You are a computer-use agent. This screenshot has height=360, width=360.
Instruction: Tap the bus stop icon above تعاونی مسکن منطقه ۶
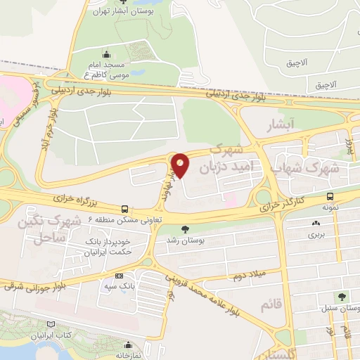124,209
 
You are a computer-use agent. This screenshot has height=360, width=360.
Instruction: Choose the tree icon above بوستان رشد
186,229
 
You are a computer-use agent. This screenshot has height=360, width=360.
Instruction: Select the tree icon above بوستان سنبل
342,297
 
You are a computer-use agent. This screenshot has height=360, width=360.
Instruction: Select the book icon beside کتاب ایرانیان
50,324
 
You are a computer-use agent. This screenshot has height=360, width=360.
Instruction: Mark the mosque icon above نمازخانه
127,344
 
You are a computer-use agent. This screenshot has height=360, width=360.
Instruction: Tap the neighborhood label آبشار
280,126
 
